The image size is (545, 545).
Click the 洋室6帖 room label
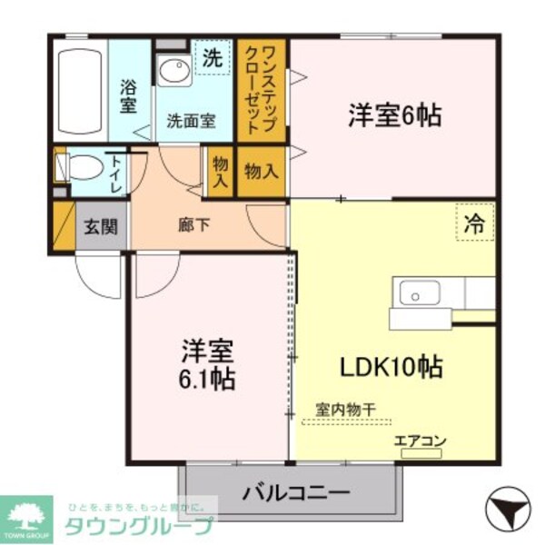point(394,115)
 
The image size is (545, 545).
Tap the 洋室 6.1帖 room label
point(208,364)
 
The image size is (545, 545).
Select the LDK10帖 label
point(391,367)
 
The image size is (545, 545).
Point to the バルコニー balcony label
point(296,495)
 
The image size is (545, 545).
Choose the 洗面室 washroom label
point(190,120)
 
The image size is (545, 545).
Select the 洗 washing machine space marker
point(213,60)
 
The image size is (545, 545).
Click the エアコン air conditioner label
point(421,442)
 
